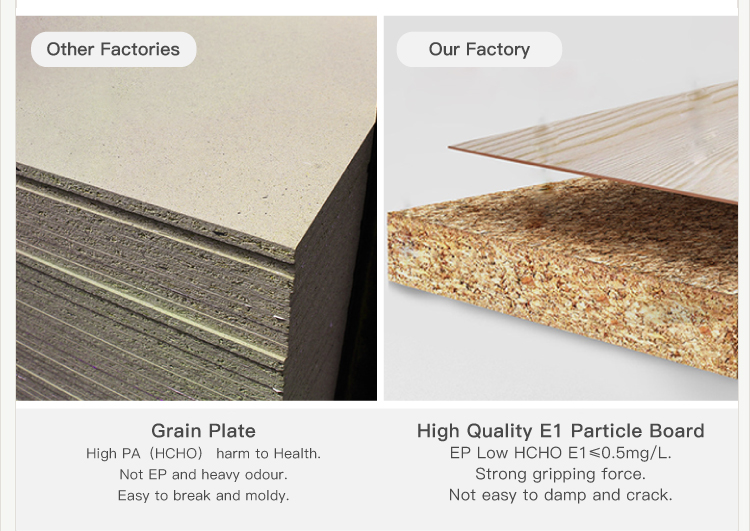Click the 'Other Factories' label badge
pos(113,49)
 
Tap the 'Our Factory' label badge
pos(479,49)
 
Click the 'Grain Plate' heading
pos(203,431)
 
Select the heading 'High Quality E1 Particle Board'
pos(561,431)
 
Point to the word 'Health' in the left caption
pos(297,453)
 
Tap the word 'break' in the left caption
pos(192,496)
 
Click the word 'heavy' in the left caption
pos(221,475)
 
